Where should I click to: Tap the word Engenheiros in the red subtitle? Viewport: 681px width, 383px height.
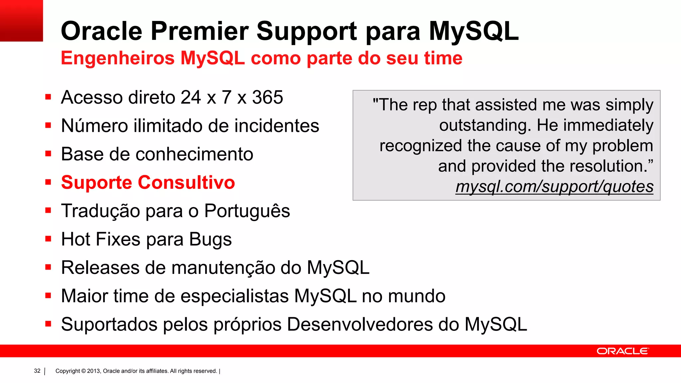pos(118,58)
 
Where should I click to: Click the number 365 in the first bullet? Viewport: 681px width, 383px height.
pos(267,97)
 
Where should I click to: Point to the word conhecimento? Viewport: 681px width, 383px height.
pos(194,154)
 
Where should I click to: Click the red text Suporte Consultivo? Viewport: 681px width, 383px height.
pos(148,183)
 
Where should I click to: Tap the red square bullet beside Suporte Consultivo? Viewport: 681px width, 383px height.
pos(48,182)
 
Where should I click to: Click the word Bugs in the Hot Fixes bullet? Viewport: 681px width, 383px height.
pos(210,239)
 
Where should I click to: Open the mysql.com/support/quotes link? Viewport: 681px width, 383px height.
pos(554,187)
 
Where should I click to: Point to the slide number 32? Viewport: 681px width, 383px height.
pos(37,371)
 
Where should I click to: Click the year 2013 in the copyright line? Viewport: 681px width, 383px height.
pos(94,371)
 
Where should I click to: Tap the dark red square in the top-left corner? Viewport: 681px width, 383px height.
pos(21,21)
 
